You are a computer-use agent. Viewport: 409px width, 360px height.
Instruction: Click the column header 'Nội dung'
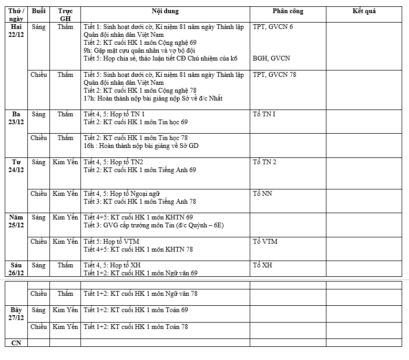tap(165, 11)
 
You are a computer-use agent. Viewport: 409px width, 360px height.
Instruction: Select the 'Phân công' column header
tap(288, 11)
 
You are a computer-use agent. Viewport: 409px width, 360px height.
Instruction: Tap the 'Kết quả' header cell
tap(364, 11)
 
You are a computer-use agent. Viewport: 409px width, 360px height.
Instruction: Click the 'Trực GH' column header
tap(65, 15)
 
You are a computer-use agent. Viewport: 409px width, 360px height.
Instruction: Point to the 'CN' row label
tap(16, 343)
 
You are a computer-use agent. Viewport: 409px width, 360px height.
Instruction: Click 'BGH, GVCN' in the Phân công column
tap(271, 58)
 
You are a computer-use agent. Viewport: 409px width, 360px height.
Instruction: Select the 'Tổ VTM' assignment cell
tap(265, 242)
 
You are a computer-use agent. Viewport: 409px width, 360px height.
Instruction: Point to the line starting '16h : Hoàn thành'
tap(141, 146)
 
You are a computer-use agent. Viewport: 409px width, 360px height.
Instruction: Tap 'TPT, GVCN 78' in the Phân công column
tap(274, 75)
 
